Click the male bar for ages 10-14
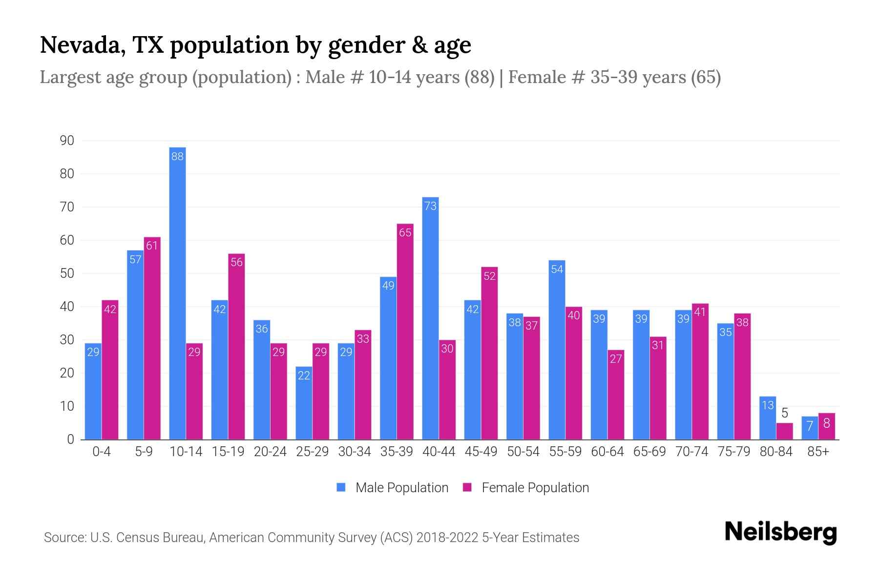pos(177,293)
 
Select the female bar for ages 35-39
pos(405,332)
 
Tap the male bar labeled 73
pos(430,317)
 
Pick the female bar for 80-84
pos(784,431)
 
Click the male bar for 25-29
pos(304,403)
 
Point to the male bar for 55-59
pos(557,350)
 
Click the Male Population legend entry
pos(393,488)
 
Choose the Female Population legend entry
pos(526,488)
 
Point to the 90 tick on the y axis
pos(67,141)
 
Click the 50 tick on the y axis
pos(67,273)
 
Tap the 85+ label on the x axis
pos(818,452)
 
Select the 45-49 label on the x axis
pos(481,452)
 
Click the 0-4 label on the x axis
pos(102,452)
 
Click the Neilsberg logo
pos(780,532)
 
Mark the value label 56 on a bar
pos(236,262)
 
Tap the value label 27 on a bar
pos(616,359)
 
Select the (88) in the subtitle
pos(480,77)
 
